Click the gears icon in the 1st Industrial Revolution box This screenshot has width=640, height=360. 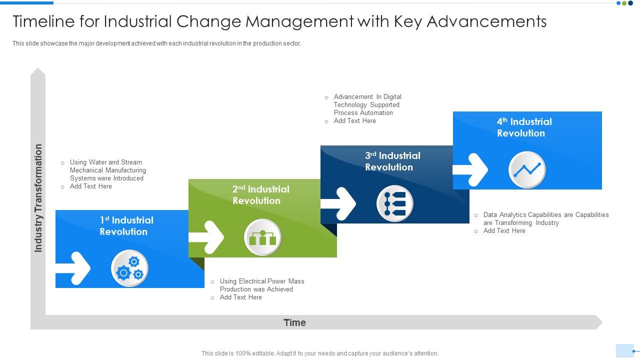point(129,268)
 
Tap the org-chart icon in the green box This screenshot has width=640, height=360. point(262,237)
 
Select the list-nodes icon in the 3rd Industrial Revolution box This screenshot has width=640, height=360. point(394,203)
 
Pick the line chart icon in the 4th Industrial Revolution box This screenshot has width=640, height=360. point(527,170)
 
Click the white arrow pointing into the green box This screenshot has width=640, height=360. point(206,237)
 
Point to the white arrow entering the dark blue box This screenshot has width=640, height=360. point(338,203)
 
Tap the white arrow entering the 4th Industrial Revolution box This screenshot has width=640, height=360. point(470,170)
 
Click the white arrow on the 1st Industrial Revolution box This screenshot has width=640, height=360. point(73,268)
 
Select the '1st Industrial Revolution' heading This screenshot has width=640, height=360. point(126,226)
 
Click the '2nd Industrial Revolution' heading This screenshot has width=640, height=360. point(260,195)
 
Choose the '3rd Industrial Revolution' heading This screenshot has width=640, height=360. point(392,161)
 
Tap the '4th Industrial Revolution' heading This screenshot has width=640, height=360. point(524,127)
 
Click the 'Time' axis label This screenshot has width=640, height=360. point(294,322)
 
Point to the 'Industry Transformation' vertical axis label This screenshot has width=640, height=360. point(38,198)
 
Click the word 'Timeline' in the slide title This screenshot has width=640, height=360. point(44,21)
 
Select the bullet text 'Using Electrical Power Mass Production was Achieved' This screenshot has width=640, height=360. point(261,285)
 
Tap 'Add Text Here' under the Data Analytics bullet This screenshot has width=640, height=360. point(504,231)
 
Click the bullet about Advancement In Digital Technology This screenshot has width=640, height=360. point(367,104)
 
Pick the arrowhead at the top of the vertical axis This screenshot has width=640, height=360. point(38,72)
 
